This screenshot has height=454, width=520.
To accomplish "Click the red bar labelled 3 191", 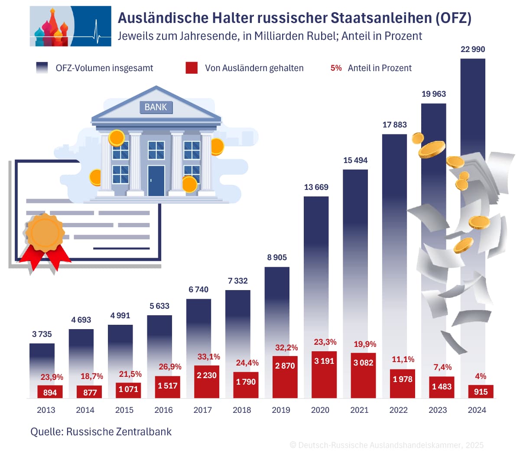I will tap(324, 374).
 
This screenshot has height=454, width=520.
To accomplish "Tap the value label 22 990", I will tap(473, 49).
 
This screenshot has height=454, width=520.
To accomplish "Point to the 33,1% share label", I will tap(209, 357).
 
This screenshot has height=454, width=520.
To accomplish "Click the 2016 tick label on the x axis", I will tap(163, 410).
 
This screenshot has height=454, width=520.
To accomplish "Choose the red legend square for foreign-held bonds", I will tap(192, 68).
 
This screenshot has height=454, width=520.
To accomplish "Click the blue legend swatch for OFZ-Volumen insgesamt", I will tap(42, 68).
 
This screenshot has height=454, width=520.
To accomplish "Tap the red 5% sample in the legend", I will tap(336, 68).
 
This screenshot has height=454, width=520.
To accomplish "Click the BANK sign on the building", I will tap(156, 107).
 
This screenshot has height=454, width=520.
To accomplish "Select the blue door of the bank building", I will tap(156, 180).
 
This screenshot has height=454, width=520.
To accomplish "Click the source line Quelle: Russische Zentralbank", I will tap(101, 432).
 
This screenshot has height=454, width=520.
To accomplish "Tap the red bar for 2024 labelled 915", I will tap(481, 392).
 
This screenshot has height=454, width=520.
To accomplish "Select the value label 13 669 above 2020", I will tap(316, 187).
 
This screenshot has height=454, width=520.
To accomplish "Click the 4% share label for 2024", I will tap(481, 376).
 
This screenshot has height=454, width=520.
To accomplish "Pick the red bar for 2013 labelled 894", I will tap(50, 392).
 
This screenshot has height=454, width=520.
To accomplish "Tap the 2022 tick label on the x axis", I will tap(398, 410).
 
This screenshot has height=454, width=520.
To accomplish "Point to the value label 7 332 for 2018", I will tap(238, 281).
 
